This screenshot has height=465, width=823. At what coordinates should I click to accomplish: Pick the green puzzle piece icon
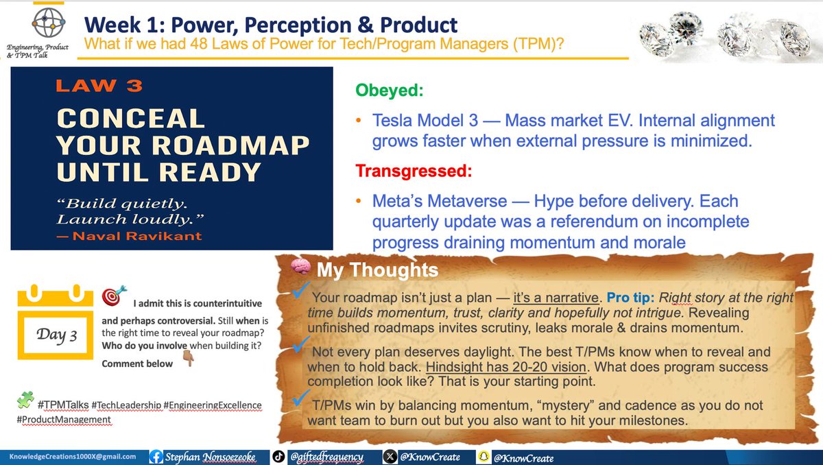point(25,398)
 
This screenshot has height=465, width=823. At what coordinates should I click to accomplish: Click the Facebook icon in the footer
point(156,456)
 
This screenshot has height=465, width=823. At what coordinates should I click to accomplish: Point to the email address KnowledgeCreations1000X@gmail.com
point(72,456)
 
